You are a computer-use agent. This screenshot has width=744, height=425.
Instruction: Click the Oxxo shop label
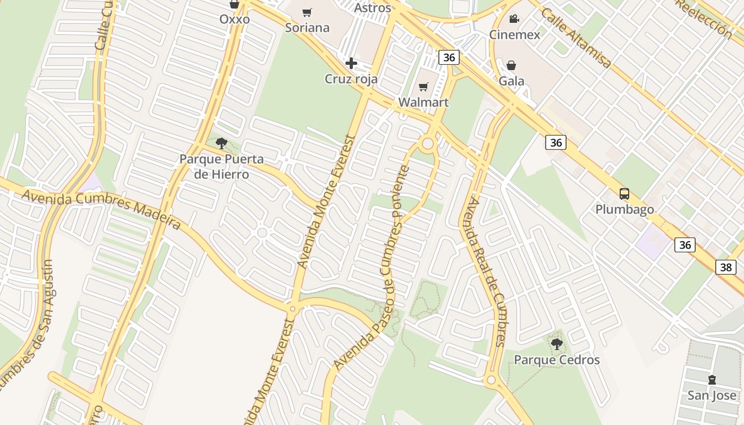tap(234, 20)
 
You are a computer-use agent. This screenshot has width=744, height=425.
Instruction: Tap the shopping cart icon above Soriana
tap(307, 12)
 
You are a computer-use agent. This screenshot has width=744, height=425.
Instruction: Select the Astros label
tap(372, 8)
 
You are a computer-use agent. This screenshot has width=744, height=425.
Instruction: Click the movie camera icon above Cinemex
tap(514, 19)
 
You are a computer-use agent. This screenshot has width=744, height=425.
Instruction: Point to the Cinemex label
tap(514, 35)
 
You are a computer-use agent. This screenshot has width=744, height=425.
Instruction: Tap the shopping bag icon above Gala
tap(511, 65)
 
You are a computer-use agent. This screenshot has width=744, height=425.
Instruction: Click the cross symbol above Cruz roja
tap(351, 64)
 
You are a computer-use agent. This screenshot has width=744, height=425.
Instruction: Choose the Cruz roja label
tap(351, 79)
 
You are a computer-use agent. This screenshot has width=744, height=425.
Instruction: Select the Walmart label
tap(424, 103)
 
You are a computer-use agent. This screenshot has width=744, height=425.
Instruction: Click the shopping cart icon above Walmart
tap(424, 87)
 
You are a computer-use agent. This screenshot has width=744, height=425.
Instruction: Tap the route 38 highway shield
tap(726, 267)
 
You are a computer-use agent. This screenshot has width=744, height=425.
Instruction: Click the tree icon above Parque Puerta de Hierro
tap(222, 143)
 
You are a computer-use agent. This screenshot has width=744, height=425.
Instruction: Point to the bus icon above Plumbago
tap(624, 194)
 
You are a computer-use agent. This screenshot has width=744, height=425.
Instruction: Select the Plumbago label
tap(624, 209)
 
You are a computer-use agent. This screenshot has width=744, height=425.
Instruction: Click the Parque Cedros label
tap(556, 360)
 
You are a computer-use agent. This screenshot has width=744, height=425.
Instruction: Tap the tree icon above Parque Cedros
tap(556, 344)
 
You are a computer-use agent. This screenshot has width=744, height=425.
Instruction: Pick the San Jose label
tap(712, 395)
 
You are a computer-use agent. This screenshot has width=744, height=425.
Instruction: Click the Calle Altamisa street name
tap(576, 37)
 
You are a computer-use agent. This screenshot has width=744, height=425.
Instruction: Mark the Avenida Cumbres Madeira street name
tap(101, 209)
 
